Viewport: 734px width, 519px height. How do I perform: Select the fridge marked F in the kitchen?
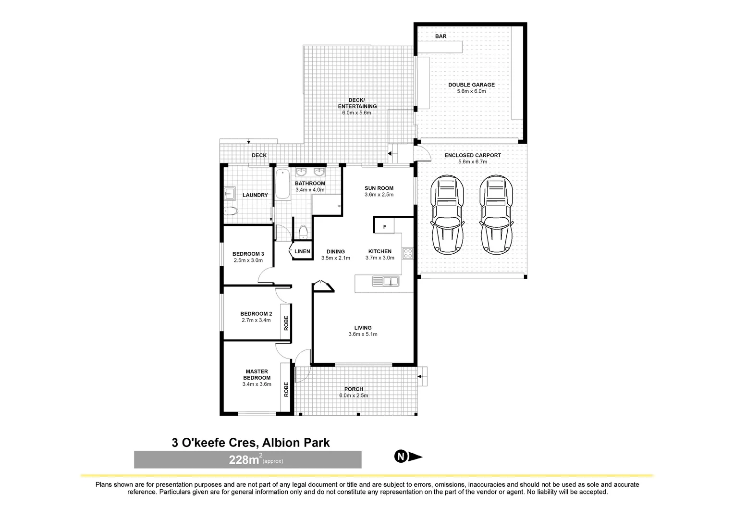(384, 226)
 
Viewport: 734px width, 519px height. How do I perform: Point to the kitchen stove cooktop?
(408, 253)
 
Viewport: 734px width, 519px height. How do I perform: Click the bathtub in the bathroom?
(282, 185)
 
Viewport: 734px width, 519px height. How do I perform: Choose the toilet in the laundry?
(231, 211)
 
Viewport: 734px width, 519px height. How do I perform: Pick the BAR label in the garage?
(440, 37)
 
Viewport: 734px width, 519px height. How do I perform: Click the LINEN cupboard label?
(302, 252)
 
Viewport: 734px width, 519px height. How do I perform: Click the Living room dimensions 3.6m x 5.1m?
(363, 334)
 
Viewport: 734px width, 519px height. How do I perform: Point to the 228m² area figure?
(245, 460)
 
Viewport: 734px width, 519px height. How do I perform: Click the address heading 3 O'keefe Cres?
(251, 443)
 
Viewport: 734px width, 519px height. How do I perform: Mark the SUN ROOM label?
(379, 188)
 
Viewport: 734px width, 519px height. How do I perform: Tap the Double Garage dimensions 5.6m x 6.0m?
(471, 91)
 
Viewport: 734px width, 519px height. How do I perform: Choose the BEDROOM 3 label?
(248, 254)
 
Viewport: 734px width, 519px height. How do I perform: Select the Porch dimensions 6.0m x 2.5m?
(354, 395)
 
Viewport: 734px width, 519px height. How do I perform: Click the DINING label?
(335, 252)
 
